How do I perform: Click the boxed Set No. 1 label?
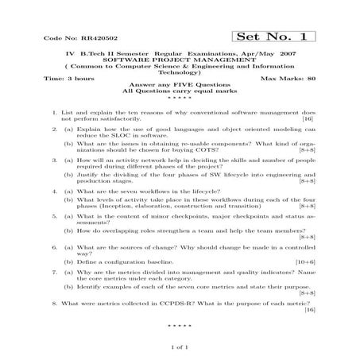[275, 37]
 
